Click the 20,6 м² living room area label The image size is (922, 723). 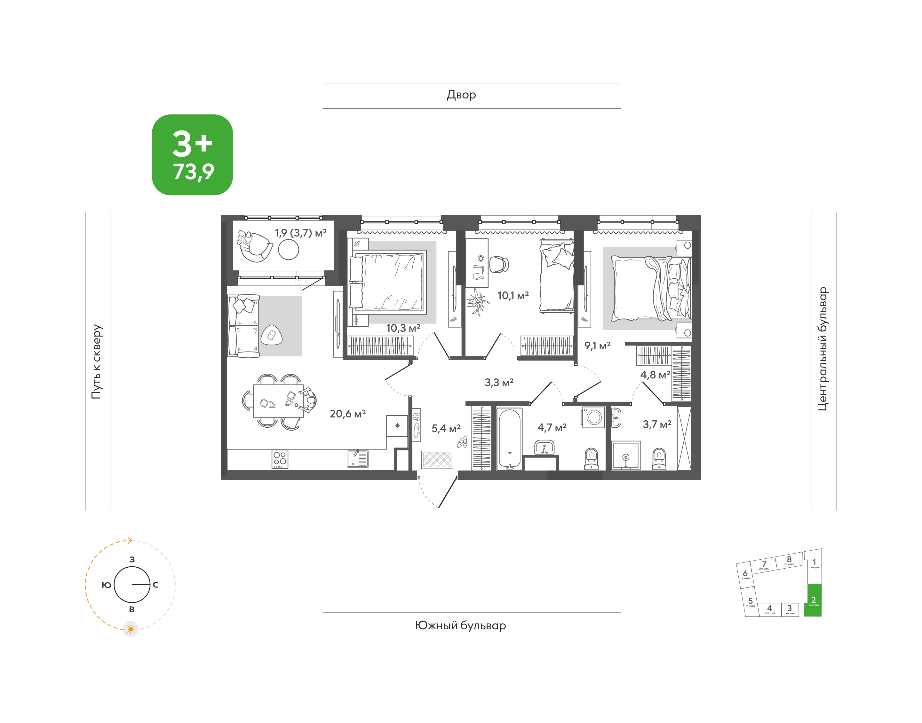pos(347,414)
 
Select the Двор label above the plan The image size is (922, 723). pos(461,95)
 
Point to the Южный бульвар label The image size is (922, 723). pos(461,625)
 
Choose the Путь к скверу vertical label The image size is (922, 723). pos(97,361)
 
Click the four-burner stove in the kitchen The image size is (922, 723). pos(280,458)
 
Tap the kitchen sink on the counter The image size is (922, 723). pos(358,458)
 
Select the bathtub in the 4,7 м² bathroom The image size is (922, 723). pos(509,439)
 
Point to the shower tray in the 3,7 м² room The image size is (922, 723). pos(626,455)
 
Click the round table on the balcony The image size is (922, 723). pos(289,250)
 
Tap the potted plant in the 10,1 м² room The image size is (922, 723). pos(478,302)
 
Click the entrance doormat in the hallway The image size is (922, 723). pos(437,459)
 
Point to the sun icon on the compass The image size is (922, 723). pos(131,629)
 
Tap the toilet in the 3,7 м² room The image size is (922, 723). pos(659,459)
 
